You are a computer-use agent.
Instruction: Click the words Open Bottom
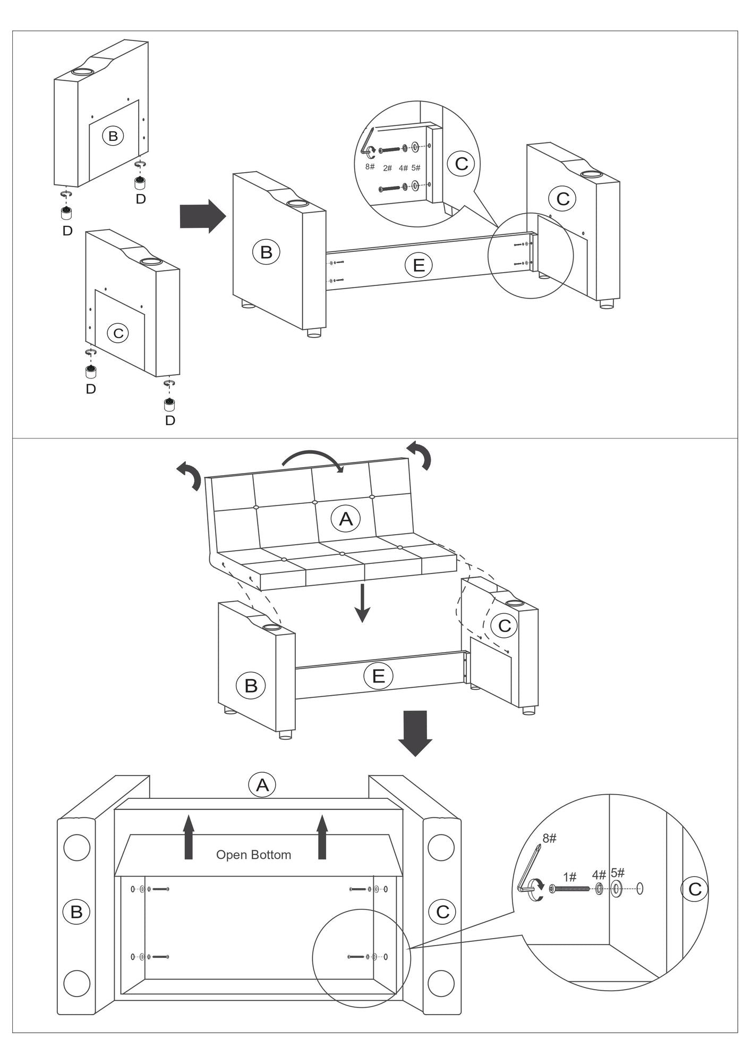click(x=253, y=855)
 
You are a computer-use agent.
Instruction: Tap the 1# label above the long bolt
click(x=570, y=876)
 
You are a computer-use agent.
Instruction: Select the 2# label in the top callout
click(x=388, y=168)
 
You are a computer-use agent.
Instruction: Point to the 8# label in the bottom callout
click(x=549, y=838)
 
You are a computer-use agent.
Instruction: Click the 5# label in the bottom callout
click(x=618, y=872)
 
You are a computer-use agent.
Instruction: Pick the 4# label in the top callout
click(x=403, y=168)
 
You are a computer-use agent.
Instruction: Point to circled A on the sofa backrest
click(x=346, y=518)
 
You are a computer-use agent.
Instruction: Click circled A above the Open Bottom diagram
click(x=262, y=784)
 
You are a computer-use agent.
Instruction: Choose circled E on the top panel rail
click(x=419, y=265)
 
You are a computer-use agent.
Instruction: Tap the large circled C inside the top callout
click(x=461, y=163)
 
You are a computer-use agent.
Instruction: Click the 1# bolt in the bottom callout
click(x=570, y=888)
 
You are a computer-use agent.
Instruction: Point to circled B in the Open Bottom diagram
click(x=76, y=912)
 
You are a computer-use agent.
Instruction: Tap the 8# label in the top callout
click(x=370, y=167)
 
